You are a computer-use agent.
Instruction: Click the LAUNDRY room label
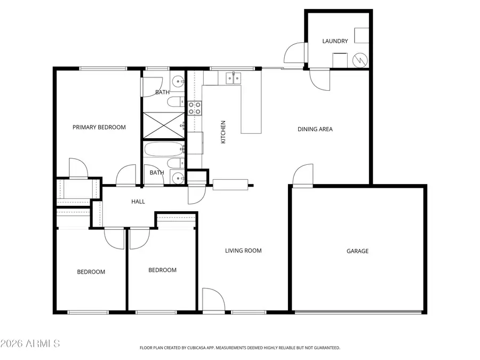[335, 41]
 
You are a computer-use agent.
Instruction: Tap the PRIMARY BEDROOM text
[99, 127]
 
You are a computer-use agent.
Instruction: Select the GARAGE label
[357, 251]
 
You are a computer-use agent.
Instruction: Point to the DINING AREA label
[315, 129]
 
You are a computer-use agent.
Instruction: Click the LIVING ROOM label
[243, 250]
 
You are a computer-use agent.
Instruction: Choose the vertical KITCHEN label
[223, 132]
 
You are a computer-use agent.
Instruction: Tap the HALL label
[138, 201]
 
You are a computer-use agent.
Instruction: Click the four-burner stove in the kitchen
[194, 108]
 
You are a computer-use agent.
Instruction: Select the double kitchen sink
[233, 78]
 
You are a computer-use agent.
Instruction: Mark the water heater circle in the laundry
[362, 60]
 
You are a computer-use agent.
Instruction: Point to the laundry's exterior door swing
[294, 53]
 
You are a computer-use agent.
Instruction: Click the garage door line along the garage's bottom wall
[357, 313]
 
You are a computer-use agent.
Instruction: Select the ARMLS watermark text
[30, 343]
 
